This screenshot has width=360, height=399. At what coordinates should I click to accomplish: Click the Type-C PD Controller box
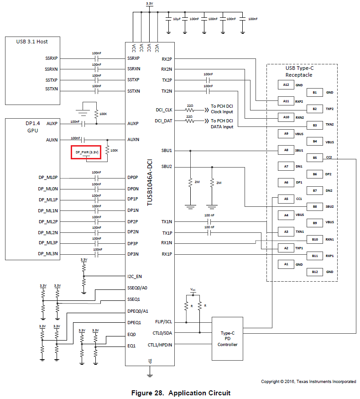[227, 338]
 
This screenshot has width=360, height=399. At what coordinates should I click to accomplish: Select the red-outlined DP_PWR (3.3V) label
[86, 152]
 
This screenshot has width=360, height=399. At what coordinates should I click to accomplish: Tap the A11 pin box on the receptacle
[286, 101]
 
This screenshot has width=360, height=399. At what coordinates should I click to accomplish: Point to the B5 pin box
[315, 158]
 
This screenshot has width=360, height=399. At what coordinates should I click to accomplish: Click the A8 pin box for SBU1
[286, 150]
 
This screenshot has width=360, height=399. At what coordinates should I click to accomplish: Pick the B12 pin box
[315, 272]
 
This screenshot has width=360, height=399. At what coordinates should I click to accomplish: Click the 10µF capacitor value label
[177, 19]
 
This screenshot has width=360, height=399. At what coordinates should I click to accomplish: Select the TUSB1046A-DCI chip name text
[150, 182]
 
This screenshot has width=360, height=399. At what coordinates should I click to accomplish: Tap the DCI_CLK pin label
[164, 110]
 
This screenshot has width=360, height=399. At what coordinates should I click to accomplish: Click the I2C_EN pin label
[135, 276]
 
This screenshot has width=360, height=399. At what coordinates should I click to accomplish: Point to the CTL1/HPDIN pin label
[160, 345]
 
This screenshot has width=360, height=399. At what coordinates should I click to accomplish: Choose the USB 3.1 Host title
[32, 42]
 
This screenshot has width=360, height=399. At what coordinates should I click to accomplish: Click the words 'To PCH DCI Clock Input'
[222, 109]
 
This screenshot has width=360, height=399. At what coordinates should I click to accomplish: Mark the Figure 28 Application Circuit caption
[181, 393]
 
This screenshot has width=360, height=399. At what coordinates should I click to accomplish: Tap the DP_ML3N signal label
[48, 254]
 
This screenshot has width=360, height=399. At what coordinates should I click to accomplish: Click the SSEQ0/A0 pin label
[137, 288]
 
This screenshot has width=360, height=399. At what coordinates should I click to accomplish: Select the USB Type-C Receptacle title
[299, 72]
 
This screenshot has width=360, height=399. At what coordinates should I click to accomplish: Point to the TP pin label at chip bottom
[150, 361]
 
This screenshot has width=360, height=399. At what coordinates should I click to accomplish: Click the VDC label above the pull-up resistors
[193, 289]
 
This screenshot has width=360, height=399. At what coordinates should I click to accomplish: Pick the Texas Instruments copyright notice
[308, 382]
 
